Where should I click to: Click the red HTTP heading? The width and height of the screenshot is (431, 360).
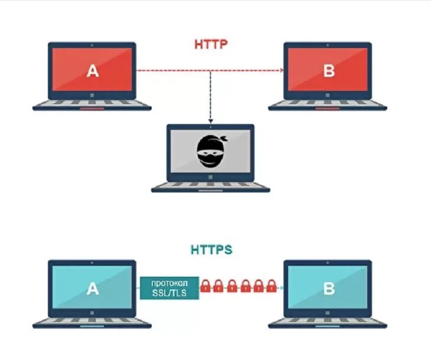tap(211, 44)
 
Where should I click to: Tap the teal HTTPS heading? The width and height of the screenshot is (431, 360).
tap(211, 250)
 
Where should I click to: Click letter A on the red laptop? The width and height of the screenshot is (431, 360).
tap(93, 71)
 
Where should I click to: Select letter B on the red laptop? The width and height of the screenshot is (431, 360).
tap(329, 71)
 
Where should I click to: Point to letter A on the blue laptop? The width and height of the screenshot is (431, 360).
tap(93, 289)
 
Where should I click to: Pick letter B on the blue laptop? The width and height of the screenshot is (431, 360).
tap(329, 289)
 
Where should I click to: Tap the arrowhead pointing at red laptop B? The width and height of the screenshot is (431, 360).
tap(282, 71)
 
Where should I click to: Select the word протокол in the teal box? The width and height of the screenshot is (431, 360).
tap(169, 282)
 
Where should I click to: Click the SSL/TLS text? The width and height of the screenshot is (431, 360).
tap(169, 292)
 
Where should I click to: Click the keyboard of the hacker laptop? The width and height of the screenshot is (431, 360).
tap(211, 186)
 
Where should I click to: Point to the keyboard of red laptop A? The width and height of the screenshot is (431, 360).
tap(93, 104)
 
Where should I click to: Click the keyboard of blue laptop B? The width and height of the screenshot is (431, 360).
tap(329, 321)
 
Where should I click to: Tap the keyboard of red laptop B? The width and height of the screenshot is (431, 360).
tap(329, 104)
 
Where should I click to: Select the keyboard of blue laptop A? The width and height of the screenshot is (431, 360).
tap(93, 321)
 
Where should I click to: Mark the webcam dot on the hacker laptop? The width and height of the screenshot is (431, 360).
tap(211, 127)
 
